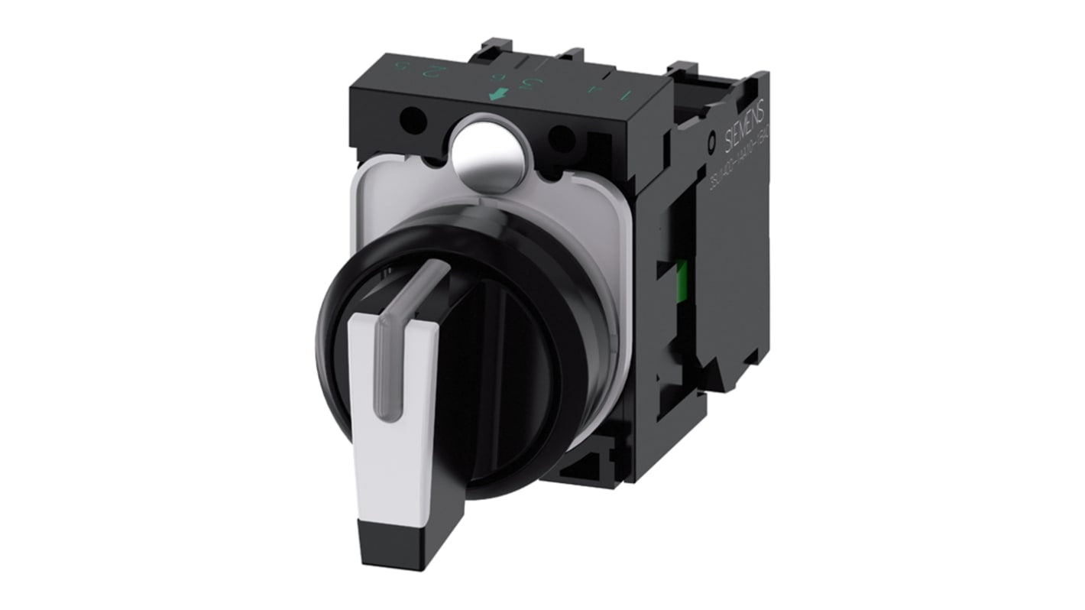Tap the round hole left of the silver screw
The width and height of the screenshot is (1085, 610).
pyautogui.click(x=413, y=120)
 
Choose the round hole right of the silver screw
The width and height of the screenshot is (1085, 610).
pyautogui.click(x=562, y=138)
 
